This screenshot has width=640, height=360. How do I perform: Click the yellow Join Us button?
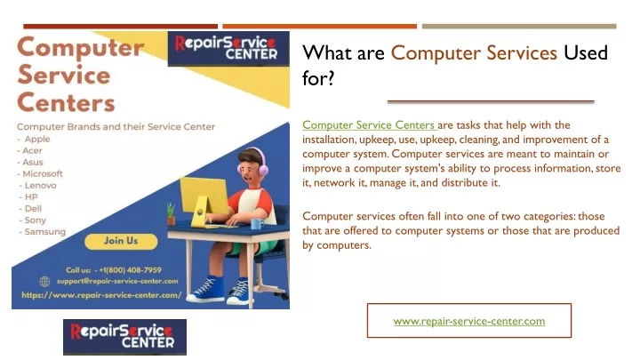[121, 241]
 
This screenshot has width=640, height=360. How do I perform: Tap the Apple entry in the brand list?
[37, 140]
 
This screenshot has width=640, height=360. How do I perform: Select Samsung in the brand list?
[45, 232]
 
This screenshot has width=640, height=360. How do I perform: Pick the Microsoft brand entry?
[43, 174]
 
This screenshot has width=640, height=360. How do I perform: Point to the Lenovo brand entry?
[40, 185]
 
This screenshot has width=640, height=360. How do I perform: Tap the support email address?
[117, 281]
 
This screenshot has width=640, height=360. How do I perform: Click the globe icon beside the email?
[45, 281]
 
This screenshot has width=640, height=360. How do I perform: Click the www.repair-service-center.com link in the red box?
[469, 321]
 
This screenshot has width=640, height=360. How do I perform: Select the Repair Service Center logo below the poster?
[125, 337]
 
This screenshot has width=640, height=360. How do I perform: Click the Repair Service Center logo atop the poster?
[228, 49]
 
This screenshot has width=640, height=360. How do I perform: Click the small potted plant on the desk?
[171, 213]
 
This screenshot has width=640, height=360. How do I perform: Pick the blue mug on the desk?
[256, 224]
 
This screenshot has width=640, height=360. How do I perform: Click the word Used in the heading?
[586, 53]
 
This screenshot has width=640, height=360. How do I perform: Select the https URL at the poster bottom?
[101, 295]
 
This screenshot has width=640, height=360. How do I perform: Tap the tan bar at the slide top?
[519, 27]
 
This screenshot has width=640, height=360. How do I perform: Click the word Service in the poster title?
[64, 76]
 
